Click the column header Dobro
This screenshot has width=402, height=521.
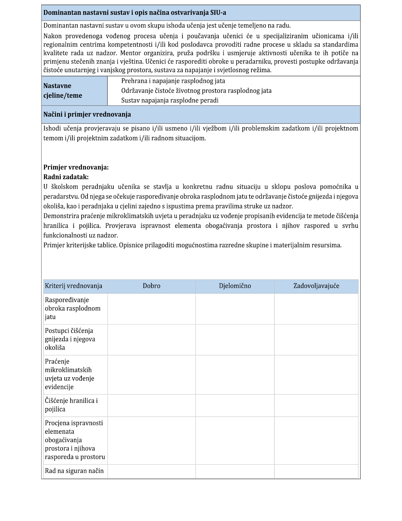point(151,286)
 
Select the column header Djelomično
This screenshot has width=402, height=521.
point(235,286)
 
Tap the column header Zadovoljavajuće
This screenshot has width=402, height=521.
point(316,286)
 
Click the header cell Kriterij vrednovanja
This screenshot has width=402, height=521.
point(74,286)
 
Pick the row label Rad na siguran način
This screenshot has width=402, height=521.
point(74,471)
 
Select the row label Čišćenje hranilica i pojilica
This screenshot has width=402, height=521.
point(71,405)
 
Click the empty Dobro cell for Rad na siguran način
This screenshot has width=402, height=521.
point(151,471)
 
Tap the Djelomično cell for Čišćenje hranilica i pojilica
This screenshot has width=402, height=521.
point(235,405)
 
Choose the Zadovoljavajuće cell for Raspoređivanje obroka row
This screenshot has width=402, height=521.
point(316,309)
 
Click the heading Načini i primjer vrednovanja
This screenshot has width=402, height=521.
point(87,114)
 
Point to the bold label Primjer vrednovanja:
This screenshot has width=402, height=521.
point(76,167)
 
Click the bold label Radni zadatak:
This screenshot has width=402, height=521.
point(66,177)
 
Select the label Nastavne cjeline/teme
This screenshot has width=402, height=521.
point(63,90)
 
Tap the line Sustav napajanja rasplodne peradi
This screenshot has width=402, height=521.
point(170,100)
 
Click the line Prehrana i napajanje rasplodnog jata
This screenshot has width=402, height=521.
point(173,81)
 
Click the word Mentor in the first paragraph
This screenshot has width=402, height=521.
point(130,53)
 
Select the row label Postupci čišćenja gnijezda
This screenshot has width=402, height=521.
point(70,339)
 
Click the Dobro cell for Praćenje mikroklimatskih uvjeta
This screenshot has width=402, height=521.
point(151,375)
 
